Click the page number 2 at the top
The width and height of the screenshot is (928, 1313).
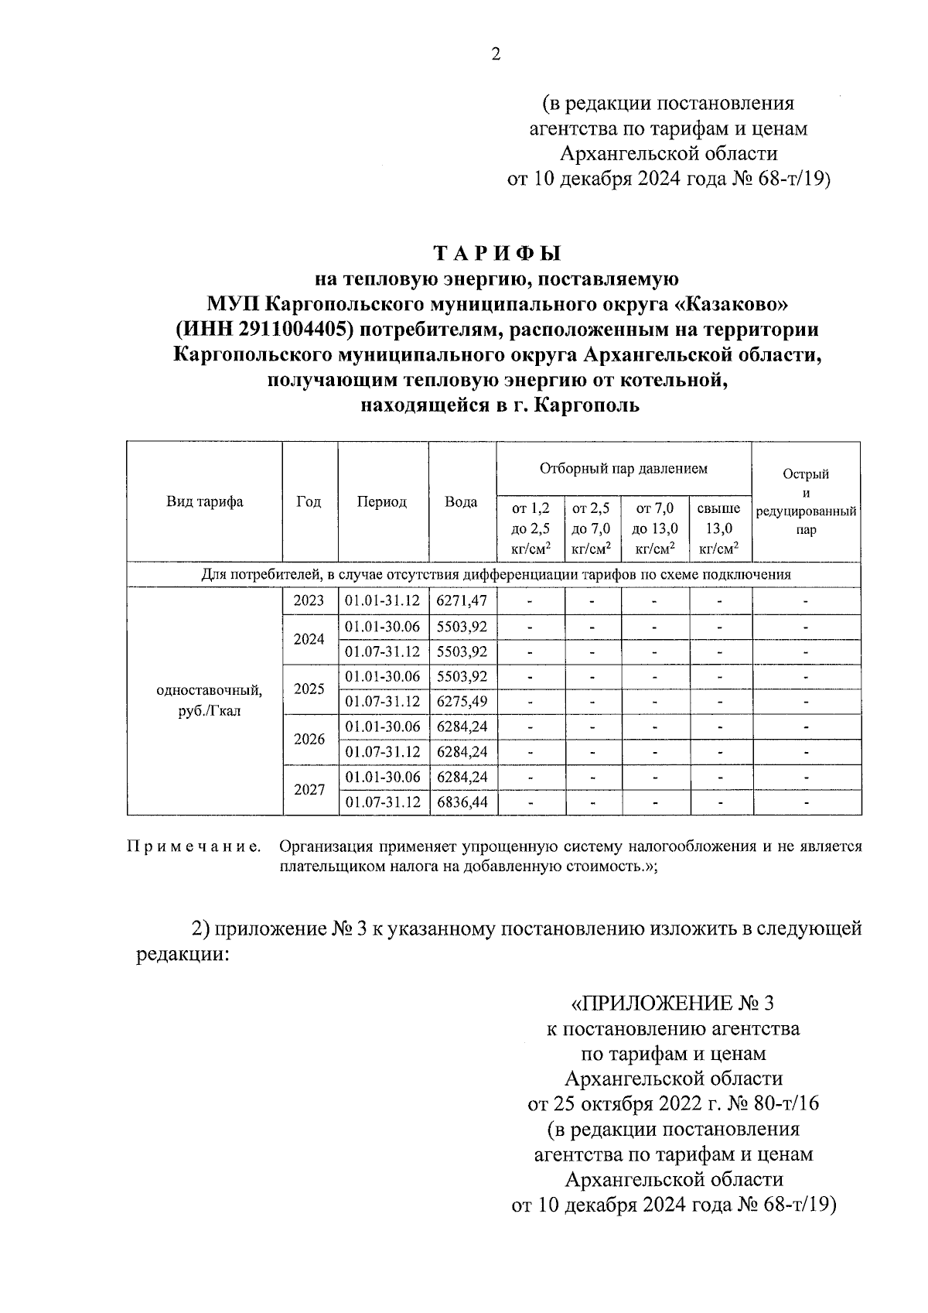click(496, 54)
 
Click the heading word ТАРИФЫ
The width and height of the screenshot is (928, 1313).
click(496, 254)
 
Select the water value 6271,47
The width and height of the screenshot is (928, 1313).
click(462, 601)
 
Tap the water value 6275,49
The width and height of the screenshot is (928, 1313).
click(462, 702)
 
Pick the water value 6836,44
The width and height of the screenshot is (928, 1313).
click(462, 802)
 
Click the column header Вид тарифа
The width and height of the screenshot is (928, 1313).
click(205, 501)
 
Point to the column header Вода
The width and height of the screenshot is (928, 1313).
click(461, 501)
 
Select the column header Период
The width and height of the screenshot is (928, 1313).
click(382, 501)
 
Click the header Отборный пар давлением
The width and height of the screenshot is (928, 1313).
click(623, 468)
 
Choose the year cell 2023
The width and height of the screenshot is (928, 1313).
click(309, 601)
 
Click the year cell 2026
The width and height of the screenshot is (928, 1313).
click(309, 739)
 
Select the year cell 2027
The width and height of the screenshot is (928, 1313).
click(309, 790)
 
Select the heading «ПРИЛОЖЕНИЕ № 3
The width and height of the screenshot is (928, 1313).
click(671, 1004)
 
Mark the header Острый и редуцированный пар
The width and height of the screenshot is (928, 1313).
click(806, 501)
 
